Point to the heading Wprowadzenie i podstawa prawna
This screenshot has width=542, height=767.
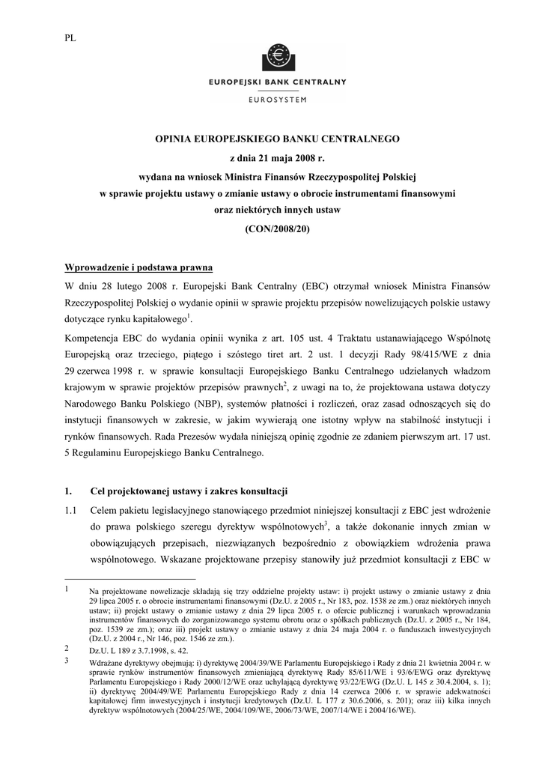pyautogui.click(x=140, y=267)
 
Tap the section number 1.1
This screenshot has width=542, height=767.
pyautogui.click(x=72, y=509)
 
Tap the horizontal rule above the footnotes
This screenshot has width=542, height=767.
pyautogui.click(x=130, y=579)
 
